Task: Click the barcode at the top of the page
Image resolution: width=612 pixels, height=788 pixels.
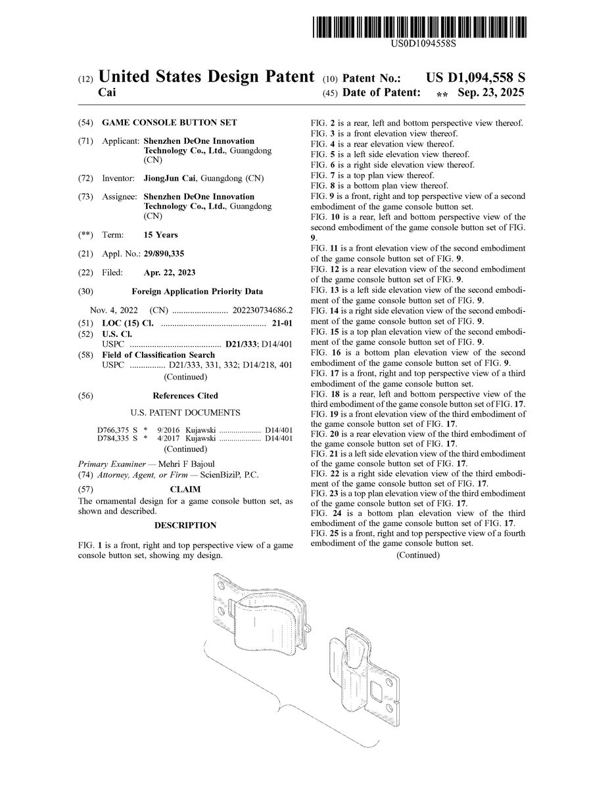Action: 419,27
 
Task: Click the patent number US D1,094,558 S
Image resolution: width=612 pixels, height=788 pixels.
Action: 475,77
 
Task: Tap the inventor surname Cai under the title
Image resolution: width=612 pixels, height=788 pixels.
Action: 107,93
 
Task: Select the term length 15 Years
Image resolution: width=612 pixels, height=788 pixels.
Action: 160,234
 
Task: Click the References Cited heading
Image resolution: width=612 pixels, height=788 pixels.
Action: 185,396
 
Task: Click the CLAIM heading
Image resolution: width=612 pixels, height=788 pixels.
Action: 185,489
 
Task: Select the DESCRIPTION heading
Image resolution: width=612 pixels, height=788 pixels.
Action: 185,525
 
